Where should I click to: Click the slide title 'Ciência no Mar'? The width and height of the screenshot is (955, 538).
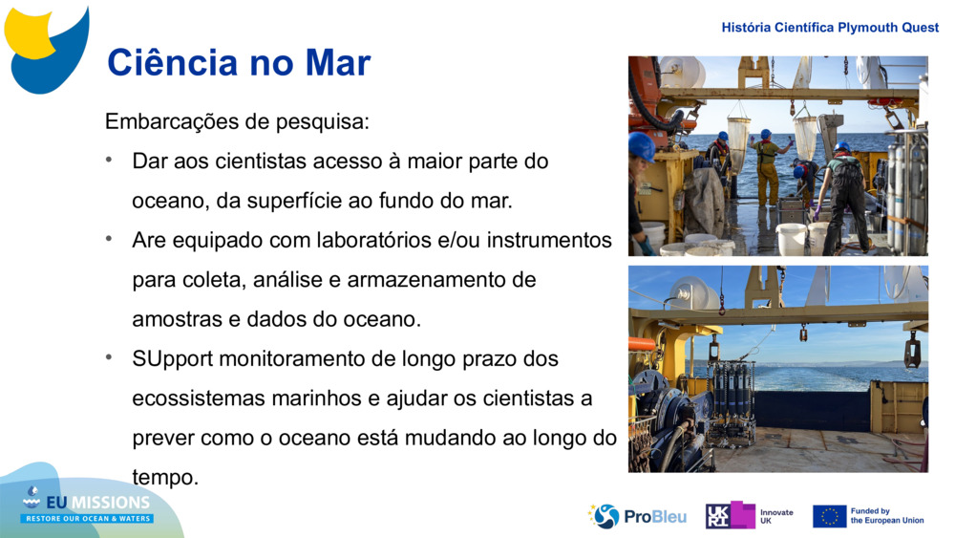coord(238,63)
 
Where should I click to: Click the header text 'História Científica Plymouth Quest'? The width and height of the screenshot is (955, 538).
coord(830,28)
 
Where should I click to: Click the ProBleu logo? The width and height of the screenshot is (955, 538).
coord(638,517)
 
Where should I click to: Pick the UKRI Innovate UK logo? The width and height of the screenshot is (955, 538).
coord(749,516)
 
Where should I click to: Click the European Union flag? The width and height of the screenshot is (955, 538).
coord(829,517)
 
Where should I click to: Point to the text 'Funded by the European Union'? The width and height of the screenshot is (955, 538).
coord(886,516)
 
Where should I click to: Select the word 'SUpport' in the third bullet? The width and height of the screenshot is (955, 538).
coord(173,359)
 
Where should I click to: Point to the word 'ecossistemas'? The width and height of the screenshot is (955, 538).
coord(192,398)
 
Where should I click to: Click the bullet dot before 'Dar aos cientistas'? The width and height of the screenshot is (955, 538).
coord(111,159)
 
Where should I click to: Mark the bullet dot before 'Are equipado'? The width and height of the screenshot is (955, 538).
coord(111,238)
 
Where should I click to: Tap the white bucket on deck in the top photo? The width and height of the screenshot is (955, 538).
coord(791,238)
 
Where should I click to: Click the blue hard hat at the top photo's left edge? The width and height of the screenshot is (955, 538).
coord(641,146)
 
